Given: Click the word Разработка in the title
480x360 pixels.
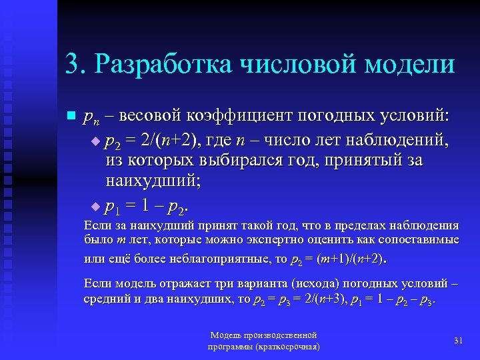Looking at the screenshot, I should (164, 64).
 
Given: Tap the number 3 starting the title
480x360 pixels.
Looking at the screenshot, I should (72, 64).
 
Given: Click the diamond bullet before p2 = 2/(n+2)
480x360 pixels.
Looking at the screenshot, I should (95, 141).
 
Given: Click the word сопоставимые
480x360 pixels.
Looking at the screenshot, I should (419, 239).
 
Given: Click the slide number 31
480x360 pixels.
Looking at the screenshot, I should (457, 341).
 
